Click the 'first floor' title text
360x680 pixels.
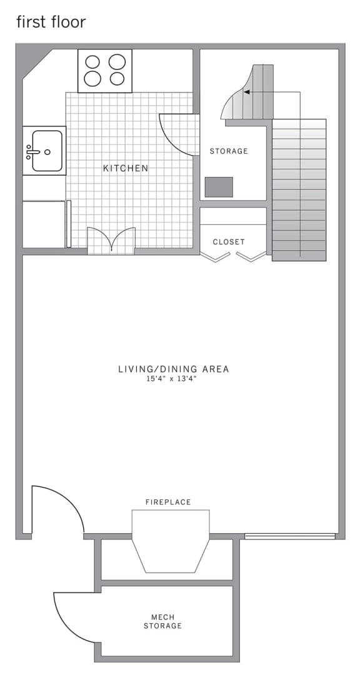point(51,22)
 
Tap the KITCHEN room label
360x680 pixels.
point(126,168)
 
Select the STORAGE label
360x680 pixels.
point(229,151)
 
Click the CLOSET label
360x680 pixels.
point(229,242)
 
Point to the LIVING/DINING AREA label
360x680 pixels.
point(173,369)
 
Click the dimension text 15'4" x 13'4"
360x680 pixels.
point(173,379)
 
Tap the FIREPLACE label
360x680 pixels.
point(168,502)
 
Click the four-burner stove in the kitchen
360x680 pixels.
point(104,71)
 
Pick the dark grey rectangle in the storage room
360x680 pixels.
point(219,187)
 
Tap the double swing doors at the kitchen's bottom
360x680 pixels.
point(111,241)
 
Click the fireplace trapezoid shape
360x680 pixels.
point(170,541)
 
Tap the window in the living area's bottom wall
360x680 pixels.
point(289,536)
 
